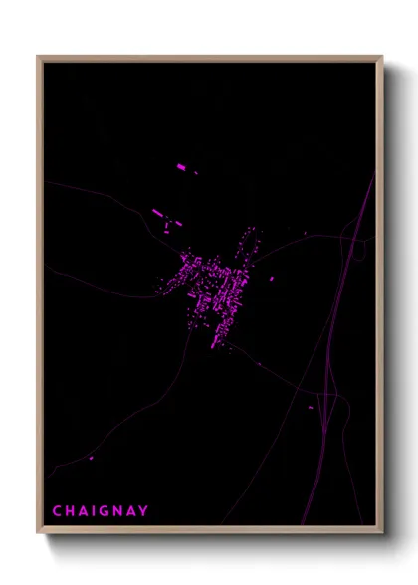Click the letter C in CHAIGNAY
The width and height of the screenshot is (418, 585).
point(57,511)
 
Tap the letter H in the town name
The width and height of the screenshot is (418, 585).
point(70,511)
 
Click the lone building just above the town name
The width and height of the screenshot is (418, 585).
point(91,458)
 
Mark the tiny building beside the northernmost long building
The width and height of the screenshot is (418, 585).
point(195,172)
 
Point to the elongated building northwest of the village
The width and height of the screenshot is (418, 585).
point(157,212)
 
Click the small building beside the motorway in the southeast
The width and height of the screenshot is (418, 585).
point(311,406)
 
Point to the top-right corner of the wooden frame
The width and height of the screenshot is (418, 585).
point(382,57)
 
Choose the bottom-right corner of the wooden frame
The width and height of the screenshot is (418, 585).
point(382,534)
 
